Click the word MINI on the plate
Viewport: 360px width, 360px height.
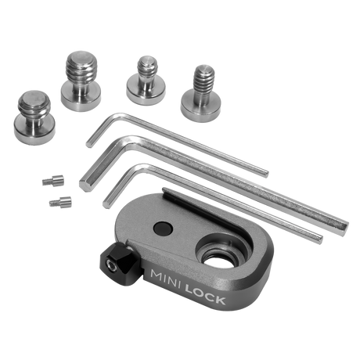coord(165,279)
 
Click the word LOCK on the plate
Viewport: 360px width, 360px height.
coord(205,294)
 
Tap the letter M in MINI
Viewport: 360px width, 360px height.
coord(156,276)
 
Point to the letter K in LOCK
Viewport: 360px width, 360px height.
coord(220,300)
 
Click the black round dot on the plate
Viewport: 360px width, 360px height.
coord(163,229)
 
